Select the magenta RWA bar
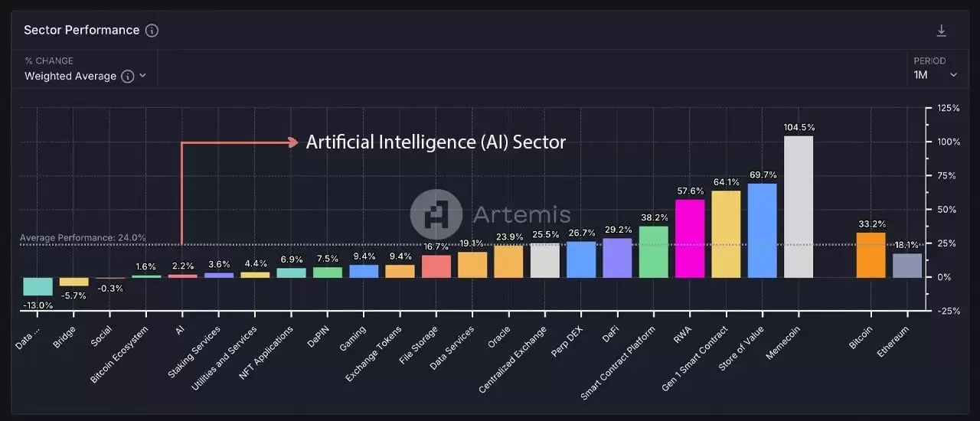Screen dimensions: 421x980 click(x=690, y=238)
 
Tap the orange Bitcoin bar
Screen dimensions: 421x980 click(x=871, y=255)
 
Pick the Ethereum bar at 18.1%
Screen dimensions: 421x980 click(x=907, y=265)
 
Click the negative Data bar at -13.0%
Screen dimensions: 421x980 click(x=38, y=286)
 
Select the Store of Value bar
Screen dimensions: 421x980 click(x=762, y=230)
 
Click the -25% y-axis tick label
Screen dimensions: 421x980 click(x=948, y=311)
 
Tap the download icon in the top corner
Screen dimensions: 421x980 click(x=942, y=31)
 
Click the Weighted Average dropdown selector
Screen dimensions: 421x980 click(x=84, y=76)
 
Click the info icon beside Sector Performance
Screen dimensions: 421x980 click(x=152, y=31)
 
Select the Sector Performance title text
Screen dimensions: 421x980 click(x=81, y=31)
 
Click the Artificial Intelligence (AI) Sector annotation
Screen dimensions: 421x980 click(x=436, y=142)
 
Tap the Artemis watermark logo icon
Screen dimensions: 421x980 click(x=436, y=214)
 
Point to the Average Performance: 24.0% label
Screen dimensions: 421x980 click(x=83, y=238)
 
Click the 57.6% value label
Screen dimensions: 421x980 click(x=690, y=191)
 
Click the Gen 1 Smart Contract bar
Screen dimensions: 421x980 click(x=726, y=233)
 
